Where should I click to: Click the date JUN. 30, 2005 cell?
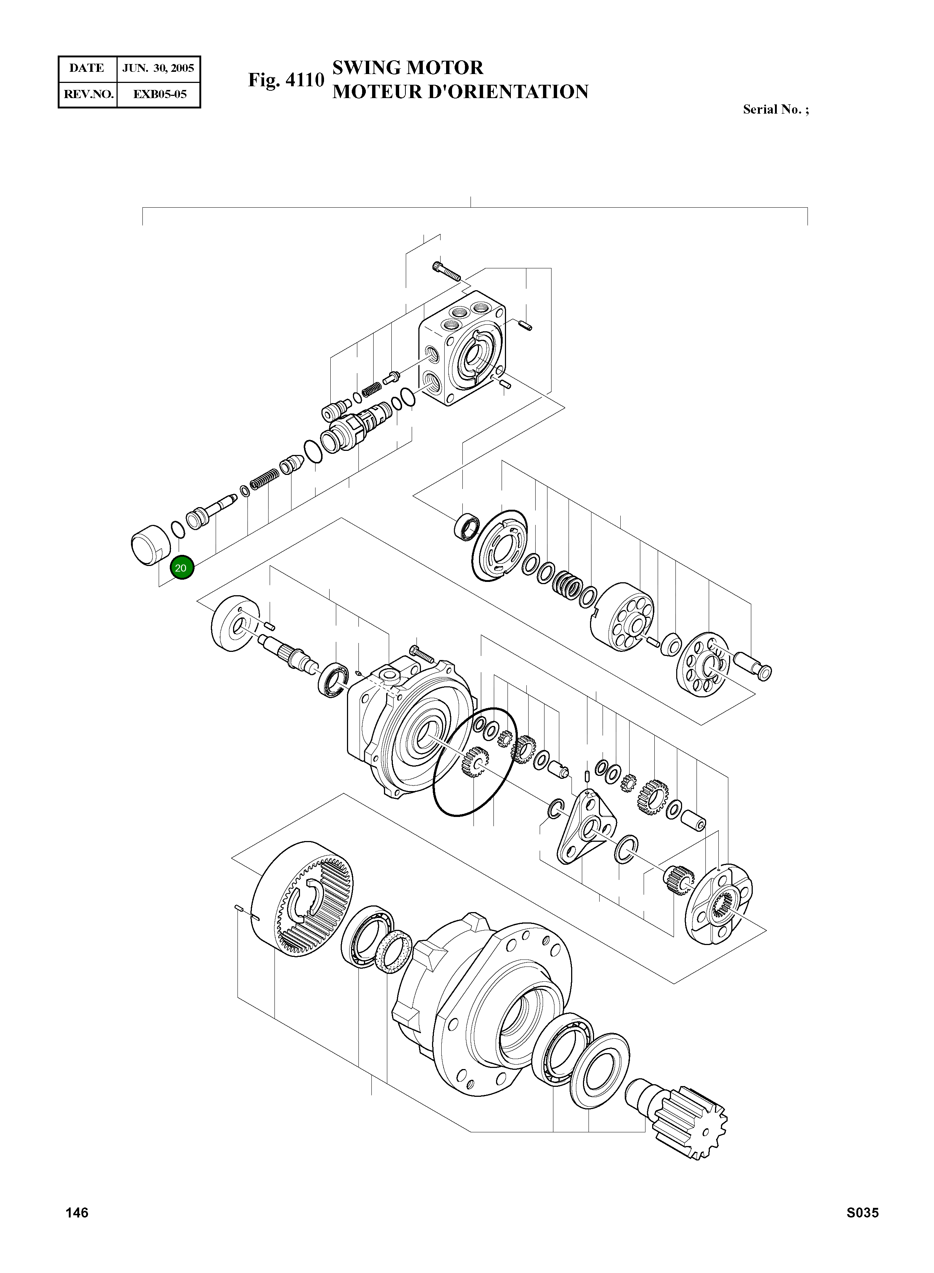tap(158, 68)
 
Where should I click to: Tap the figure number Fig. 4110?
tap(286, 80)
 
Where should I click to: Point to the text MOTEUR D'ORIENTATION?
tap(460, 92)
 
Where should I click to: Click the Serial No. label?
tap(775, 110)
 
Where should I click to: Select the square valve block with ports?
tap(462, 350)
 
